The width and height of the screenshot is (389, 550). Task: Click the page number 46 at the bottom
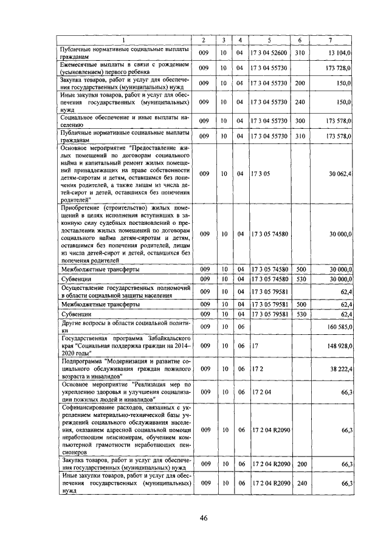click(204, 518)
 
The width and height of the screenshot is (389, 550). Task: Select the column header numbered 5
click(268, 40)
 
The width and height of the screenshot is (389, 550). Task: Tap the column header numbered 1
click(125, 40)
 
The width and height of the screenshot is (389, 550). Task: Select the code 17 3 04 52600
click(268, 53)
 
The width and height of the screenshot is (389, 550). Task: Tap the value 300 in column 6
click(299, 121)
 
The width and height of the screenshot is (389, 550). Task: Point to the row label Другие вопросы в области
click(125, 326)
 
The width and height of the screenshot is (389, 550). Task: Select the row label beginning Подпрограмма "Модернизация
click(125, 368)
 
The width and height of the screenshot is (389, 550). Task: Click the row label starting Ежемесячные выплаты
click(125, 67)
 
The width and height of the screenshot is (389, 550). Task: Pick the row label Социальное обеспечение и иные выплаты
click(125, 121)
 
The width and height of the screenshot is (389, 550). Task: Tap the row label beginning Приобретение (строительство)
click(125, 234)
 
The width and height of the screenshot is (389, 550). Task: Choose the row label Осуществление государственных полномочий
click(125, 290)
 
